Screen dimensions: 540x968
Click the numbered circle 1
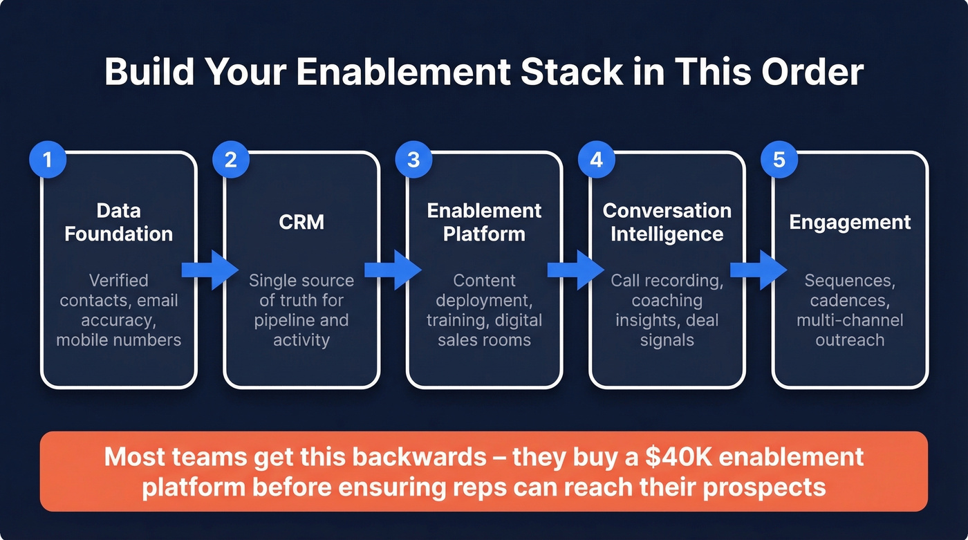pos(47,160)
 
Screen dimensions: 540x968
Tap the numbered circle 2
pos(230,160)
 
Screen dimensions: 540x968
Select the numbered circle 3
pos(413,160)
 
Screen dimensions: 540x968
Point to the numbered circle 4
pos(596,160)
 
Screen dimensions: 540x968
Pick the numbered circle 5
pos(779,160)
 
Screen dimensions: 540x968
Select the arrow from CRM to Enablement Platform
pos(393,270)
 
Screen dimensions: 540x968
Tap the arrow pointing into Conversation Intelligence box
pos(575,270)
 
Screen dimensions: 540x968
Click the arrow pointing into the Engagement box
pos(758,270)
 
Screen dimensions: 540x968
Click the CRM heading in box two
pos(301,222)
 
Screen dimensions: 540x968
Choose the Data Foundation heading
pos(119,222)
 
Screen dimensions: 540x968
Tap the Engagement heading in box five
pos(850,222)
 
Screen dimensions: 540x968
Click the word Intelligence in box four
pos(667,234)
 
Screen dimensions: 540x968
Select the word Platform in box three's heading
pos(484,234)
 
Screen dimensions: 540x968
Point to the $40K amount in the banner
pos(640,457)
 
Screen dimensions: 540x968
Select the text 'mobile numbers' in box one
pos(119,340)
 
